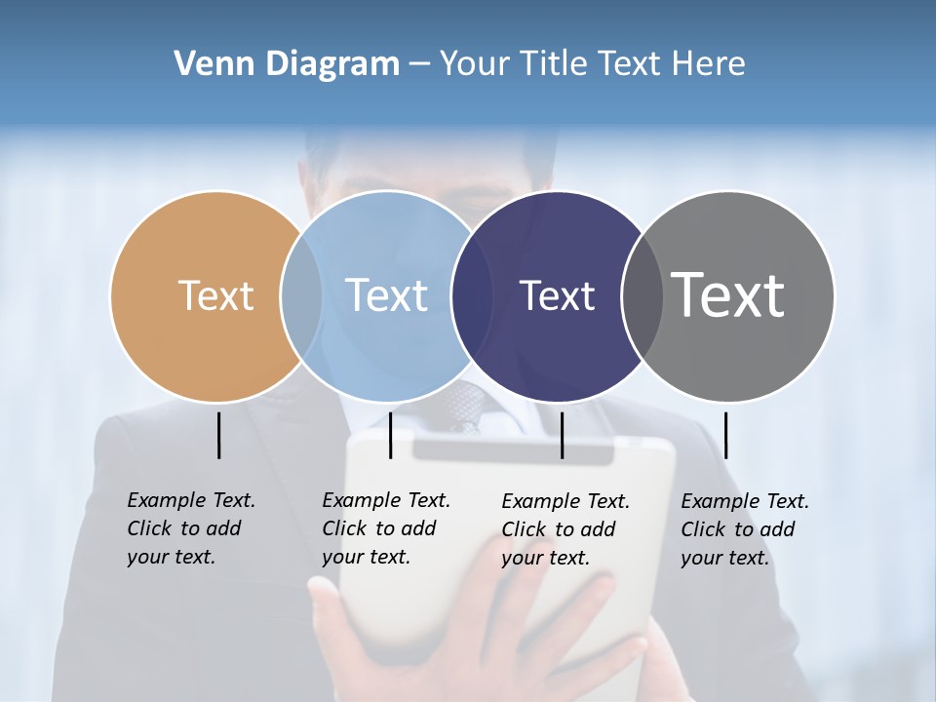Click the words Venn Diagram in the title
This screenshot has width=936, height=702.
click(287, 64)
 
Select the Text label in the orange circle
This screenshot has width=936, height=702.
click(215, 295)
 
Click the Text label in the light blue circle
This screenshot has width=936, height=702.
click(386, 295)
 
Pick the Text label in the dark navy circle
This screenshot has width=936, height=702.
click(557, 296)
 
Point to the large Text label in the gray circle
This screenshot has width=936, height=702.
click(727, 294)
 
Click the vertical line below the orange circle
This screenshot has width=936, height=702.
click(218, 435)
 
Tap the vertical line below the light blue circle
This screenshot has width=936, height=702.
click(390, 435)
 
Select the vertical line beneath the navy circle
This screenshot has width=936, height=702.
click(562, 435)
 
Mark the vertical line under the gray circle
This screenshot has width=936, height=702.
click(725, 435)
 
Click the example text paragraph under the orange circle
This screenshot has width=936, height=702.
click(190, 528)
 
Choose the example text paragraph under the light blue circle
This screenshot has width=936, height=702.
click(385, 528)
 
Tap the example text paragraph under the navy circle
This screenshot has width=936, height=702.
click(565, 529)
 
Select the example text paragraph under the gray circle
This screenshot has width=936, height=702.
click(744, 529)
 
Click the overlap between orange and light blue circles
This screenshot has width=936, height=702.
click(301, 295)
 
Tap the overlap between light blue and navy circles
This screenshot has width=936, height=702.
click(472, 296)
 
